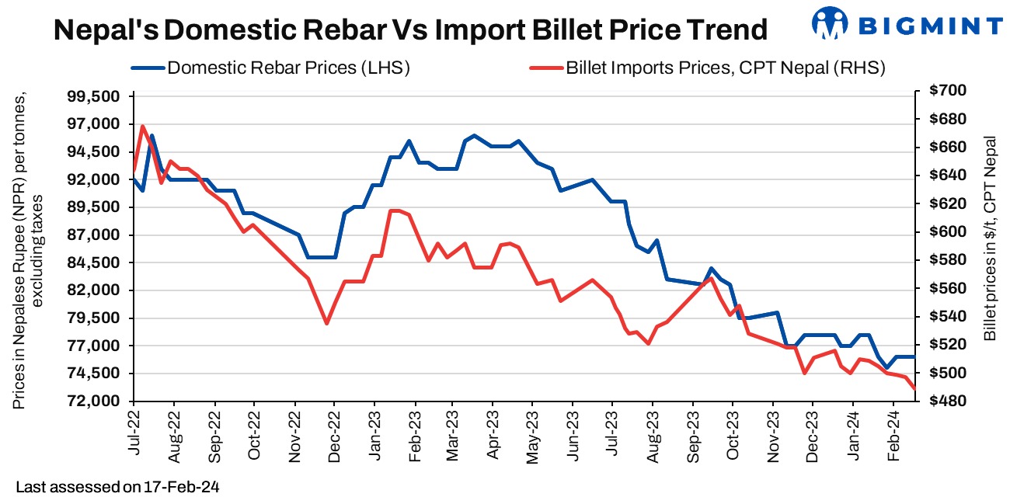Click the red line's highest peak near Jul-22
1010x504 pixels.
(143, 126)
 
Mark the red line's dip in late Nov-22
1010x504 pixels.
(327, 323)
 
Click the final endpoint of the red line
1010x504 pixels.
(916, 388)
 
